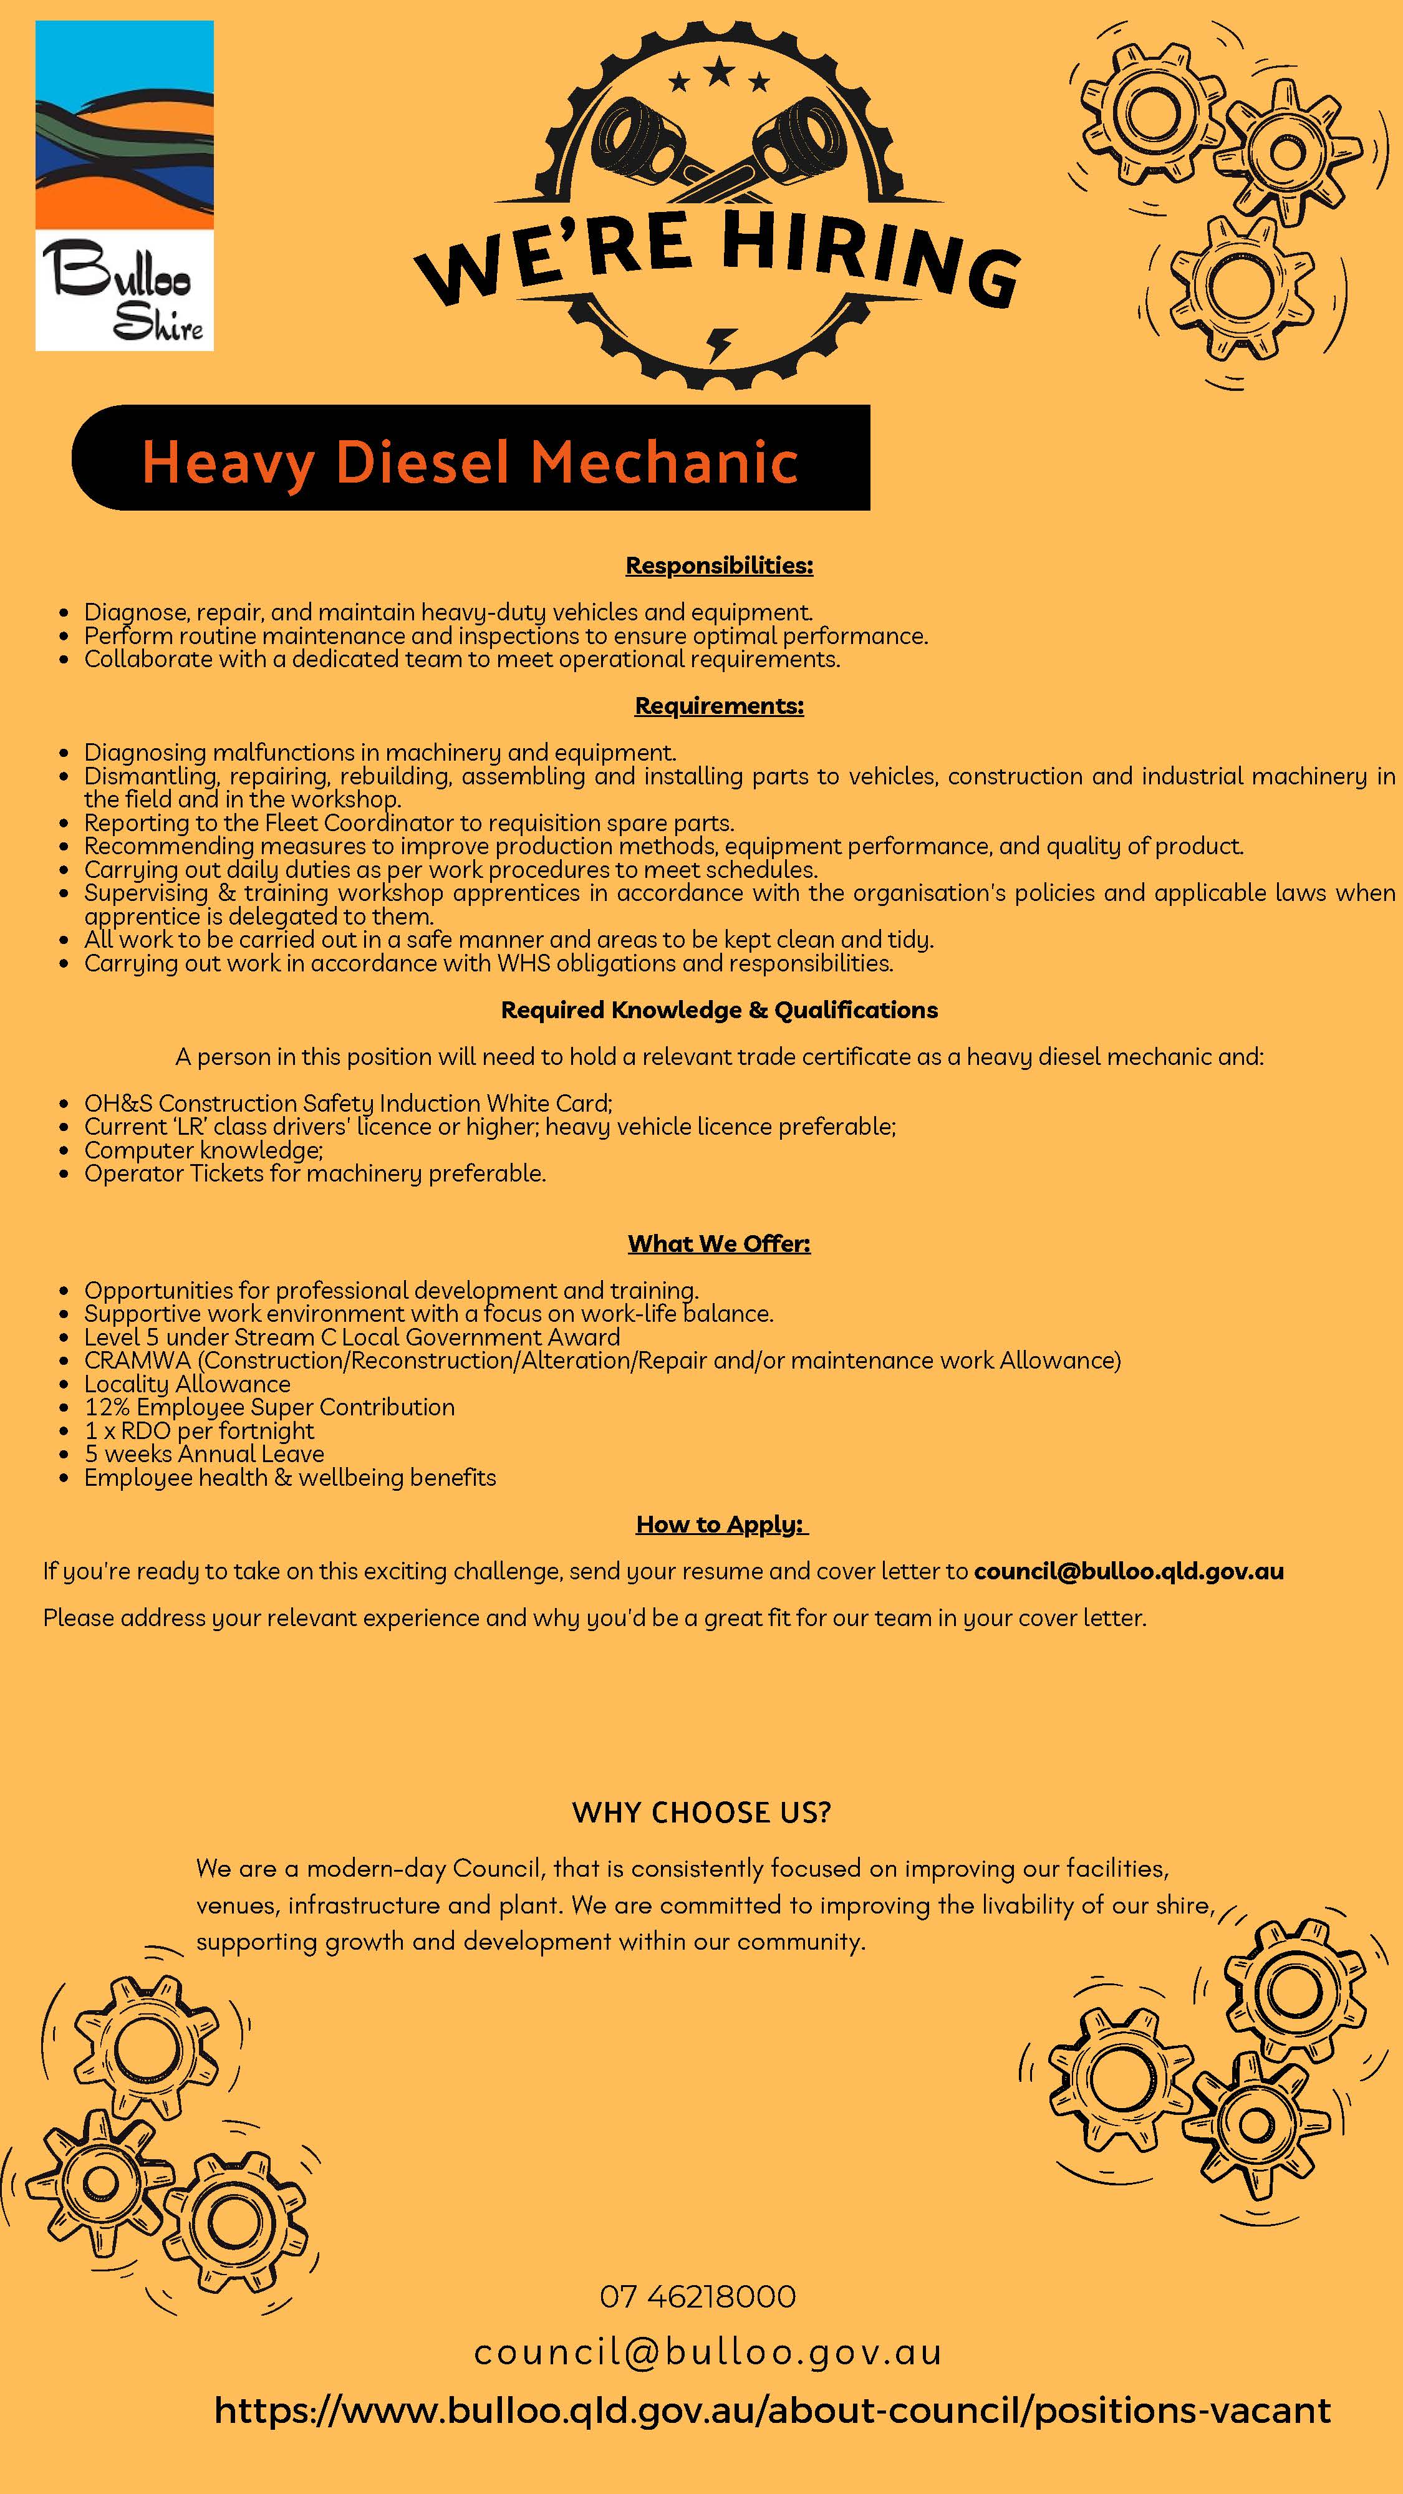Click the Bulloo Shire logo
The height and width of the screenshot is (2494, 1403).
[x=124, y=185]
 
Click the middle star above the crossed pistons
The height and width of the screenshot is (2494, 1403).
[x=718, y=70]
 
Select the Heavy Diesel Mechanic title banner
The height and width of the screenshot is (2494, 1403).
[x=471, y=459]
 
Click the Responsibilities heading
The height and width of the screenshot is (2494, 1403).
[x=718, y=566]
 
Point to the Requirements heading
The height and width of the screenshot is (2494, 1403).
[x=718, y=706]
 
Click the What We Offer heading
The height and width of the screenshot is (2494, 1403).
[x=718, y=1243]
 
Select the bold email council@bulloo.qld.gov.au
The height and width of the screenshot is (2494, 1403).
[x=1128, y=1571]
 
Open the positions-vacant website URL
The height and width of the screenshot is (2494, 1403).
[x=772, y=2410]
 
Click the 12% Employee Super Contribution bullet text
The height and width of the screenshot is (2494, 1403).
[x=269, y=1407]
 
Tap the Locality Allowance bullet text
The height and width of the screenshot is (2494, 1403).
[x=187, y=1384]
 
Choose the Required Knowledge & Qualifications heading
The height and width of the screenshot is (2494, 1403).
[x=718, y=1010]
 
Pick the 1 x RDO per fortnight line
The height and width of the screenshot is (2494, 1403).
[x=198, y=1430]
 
